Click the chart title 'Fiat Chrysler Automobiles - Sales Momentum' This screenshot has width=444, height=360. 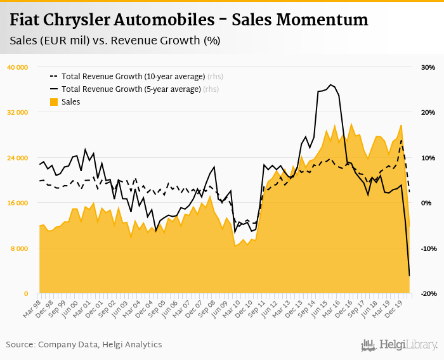[189, 20]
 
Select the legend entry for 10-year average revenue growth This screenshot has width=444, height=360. [133, 77]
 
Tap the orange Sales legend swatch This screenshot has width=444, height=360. [54, 102]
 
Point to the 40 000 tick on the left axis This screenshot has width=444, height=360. [17, 67]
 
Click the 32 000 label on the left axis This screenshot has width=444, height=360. [17, 112]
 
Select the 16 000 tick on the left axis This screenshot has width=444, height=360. [17, 203]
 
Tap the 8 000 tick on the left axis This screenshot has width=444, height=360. [19, 248]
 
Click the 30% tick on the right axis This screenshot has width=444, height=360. [427, 67]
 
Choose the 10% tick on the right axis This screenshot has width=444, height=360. [427, 158]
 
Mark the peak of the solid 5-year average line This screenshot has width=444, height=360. [330, 84]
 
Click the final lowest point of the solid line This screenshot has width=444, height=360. [409, 276]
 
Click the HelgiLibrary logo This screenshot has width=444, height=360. [400, 345]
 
